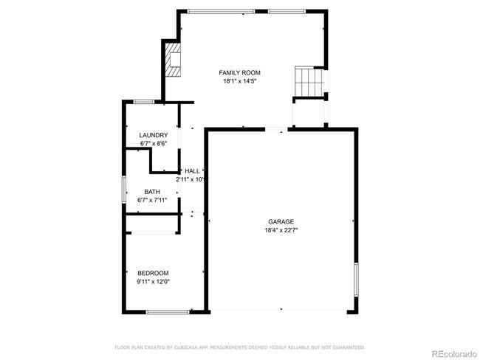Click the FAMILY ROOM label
(x=239, y=73)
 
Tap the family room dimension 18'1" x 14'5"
(x=239, y=81)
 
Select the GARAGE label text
(x=281, y=222)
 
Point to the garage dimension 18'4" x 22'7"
(x=281, y=230)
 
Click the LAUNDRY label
(x=154, y=135)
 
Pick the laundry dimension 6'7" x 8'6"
(x=154, y=143)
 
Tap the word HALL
(x=192, y=171)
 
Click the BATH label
(x=152, y=192)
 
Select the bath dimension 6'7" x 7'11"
(x=152, y=201)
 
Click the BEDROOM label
(x=153, y=273)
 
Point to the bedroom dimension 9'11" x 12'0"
(x=153, y=282)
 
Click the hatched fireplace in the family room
(x=173, y=60)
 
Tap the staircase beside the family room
(x=309, y=81)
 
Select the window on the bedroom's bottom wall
(x=168, y=312)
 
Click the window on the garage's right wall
(x=356, y=280)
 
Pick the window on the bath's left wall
(x=124, y=190)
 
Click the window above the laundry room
(x=144, y=102)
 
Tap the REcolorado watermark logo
(x=454, y=354)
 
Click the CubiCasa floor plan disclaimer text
(x=240, y=347)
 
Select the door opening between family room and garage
(x=276, y=129)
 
